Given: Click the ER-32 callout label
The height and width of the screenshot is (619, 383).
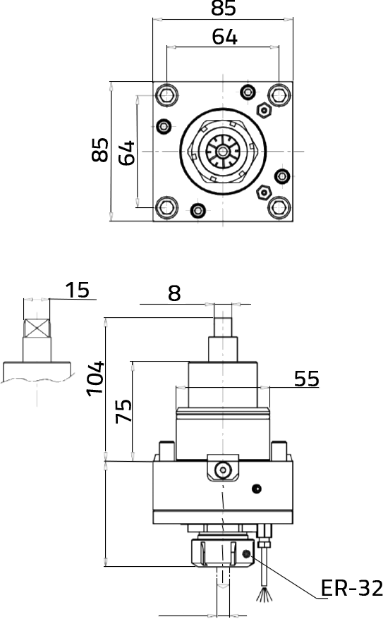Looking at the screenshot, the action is coord(351,588).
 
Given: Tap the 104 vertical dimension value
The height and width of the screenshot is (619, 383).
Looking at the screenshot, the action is coord(95,378).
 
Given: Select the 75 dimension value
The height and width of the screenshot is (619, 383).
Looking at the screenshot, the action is coord(123,411).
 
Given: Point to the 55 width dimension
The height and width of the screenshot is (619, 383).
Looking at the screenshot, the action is coord(307,379).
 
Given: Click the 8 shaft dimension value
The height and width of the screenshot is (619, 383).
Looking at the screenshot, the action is coord(174,293).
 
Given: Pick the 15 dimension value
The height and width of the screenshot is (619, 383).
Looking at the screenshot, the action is coord(78,290).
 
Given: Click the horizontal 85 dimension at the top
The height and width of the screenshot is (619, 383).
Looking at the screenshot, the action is coord(223,8).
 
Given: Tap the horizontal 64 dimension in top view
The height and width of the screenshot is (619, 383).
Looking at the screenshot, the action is coord(225,37).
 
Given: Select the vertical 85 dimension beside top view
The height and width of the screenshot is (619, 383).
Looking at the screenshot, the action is coord(100,149).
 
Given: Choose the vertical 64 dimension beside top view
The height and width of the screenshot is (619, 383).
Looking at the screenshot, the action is coord(126,153).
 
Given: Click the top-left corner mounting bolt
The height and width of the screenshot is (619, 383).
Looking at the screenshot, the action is coord(166,95).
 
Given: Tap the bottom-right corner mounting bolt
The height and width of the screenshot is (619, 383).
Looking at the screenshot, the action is coord(279,208).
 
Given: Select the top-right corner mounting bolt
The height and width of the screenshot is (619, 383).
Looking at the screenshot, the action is coord(279,95).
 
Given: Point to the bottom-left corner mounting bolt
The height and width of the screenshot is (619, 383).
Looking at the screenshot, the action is coord(166,208).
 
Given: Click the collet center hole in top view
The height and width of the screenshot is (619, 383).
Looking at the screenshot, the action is coord(224,151).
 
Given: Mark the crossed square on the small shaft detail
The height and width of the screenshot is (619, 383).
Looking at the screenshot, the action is coord(37,328).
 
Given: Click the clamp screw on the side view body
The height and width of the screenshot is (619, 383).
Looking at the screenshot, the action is coord(223,470).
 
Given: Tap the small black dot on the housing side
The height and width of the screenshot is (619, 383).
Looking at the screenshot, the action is coord(257,489).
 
